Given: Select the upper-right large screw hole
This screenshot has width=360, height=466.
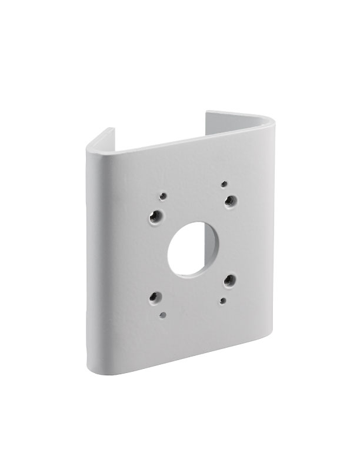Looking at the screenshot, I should tap(231, 201).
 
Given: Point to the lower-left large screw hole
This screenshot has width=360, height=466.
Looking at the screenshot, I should tap(155, 298).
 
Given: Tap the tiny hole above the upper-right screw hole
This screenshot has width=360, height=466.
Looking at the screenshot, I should tap(224, 184).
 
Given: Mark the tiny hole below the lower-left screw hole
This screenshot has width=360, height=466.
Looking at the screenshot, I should tap(162, 315).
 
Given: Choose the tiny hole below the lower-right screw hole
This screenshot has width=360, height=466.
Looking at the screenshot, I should tap(222, 301).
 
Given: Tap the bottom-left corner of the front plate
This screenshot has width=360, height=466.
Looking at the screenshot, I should tap(92, 368).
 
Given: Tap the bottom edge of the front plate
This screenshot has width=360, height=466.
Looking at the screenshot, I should tap(176, 360).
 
